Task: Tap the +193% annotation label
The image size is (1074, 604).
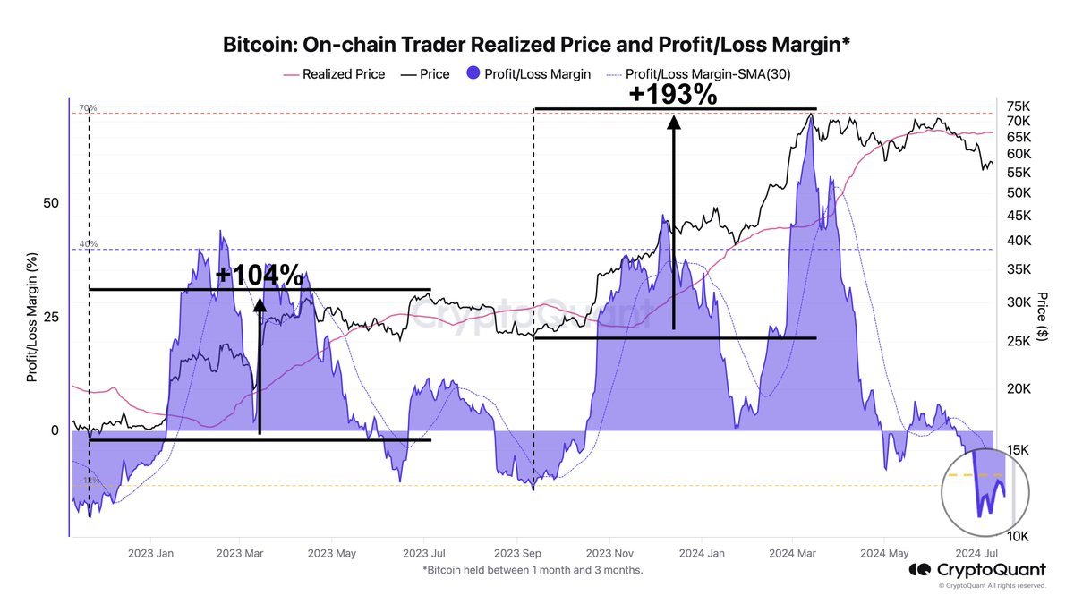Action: pyautogui.click(x=673, y=94)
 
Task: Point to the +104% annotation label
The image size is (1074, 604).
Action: pyautogui.click(x=259, y=275)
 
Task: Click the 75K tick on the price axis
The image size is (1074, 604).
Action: pyautogui.click(x=1019, y=104)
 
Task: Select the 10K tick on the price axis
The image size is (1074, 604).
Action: pyautogui.click(x=1019, y=536)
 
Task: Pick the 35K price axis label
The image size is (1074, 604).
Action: pyautogui.click(x=1019, y=269)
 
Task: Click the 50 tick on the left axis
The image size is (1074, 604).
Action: pyautogui.click(x=51, y=203)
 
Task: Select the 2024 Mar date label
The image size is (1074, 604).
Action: pyautogui.click(x=792, y=553)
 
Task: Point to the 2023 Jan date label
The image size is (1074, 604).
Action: pyautogui.click(x=151, y=553)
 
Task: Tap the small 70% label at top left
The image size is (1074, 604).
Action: pyautogui.click(x=87, y=108)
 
